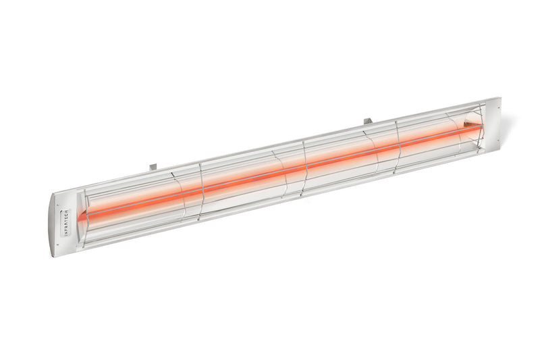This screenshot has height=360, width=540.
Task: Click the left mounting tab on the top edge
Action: point(153,164)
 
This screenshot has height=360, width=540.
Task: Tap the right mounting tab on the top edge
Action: point(368,122)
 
